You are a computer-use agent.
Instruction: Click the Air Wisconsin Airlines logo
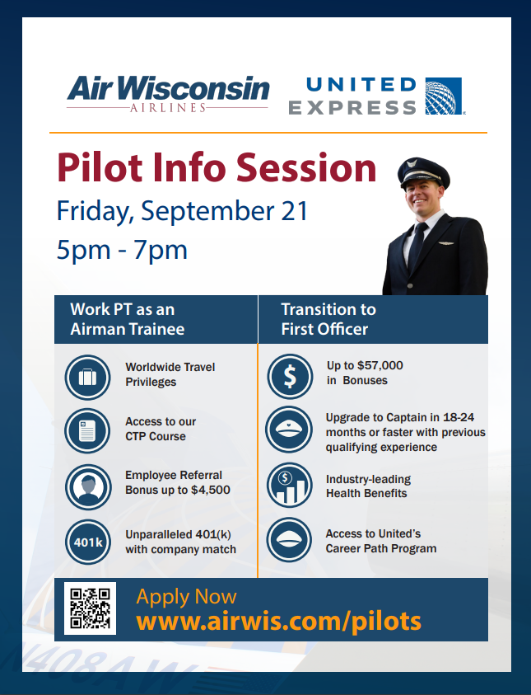point(168,94)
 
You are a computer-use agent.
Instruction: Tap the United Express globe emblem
point(444,96)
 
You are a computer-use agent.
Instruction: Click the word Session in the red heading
point(306,167)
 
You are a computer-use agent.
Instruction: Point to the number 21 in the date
point(294,210)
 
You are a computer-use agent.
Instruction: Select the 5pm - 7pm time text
point(122,250)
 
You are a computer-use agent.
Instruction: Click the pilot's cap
point(423,172)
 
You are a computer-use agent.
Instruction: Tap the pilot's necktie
point(417,245)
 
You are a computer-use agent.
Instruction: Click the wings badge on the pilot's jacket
point(447,243)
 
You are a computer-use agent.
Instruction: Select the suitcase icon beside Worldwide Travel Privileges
point(87,378)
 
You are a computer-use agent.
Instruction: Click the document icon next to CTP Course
point(87,431)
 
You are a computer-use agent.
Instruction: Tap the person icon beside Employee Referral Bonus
point(88,487)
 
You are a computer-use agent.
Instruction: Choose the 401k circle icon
point(88,542)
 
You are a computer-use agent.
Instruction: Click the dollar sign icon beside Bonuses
point(290,376)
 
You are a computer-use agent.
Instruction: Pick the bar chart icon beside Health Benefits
point(290,486)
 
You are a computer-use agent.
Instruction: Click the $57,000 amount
point(380,366)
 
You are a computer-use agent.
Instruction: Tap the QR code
point(91,608)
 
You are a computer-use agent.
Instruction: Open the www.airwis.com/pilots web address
point(279,621)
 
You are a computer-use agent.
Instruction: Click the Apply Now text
point(186,597)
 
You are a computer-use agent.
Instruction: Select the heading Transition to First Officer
point(328,319)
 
